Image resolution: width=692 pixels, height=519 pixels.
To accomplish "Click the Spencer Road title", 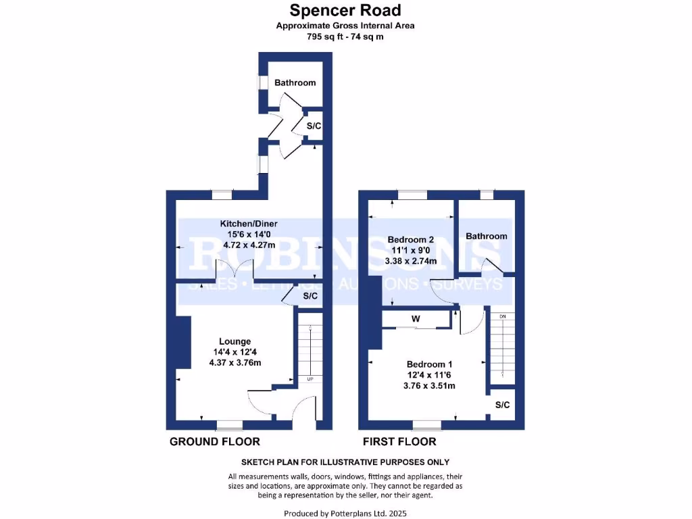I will tap(345, 10).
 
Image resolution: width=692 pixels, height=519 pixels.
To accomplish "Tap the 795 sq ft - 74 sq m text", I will tap(345, 37).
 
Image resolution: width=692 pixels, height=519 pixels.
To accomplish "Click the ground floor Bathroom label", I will tap(295, 82).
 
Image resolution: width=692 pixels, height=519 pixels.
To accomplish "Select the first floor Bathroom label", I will tap(486, 236).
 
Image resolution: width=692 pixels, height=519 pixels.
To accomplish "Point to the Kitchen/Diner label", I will tap(249, 224).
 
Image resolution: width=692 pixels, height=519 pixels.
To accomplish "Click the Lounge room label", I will tap(234, 341).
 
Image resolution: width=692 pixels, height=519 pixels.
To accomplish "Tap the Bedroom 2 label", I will tap(411, 239).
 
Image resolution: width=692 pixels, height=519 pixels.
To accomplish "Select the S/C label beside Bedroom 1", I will tap(501, 405).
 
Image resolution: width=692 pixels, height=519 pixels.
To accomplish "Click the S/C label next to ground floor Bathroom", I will tap(314, 126).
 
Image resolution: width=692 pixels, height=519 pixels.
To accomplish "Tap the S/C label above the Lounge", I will tap(310, 297).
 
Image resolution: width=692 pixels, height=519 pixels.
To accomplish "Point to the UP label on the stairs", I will tap(310, 379).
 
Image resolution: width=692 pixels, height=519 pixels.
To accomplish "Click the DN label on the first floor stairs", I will tap(502, 316).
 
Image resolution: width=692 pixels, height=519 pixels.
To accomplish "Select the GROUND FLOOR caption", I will tap(214, 441).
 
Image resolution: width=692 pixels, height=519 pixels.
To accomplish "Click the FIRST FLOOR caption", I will tap(399, 441).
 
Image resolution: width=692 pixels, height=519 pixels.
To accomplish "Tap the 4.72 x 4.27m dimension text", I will tap(249, 245).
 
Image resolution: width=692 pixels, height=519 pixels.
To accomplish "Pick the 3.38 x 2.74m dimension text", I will tap(411, 261).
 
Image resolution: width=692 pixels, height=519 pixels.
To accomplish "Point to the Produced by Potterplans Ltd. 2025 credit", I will tap(345, 514).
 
